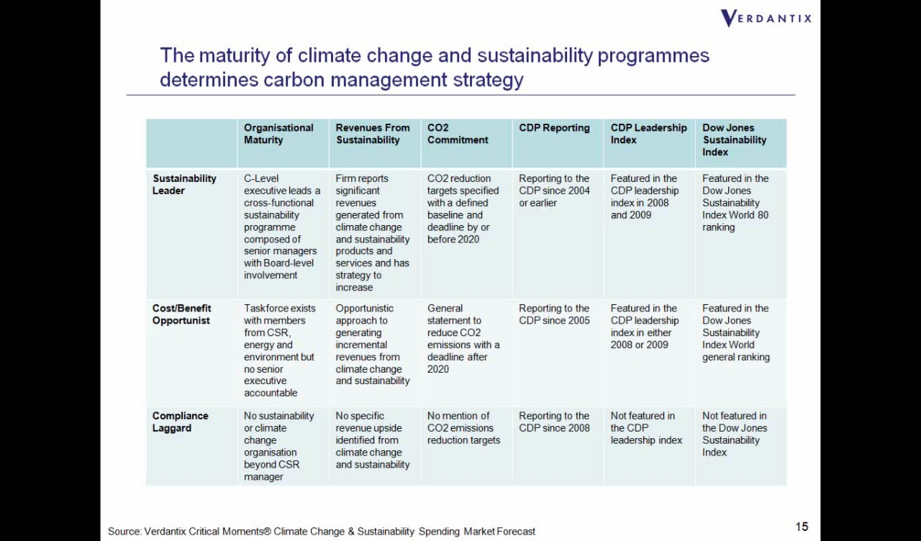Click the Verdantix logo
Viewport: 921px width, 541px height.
pyautogui.click(x=766, y=18)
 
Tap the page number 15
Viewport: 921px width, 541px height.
pyautogui.click(x=802, y=526)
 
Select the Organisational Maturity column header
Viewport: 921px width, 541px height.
pyautogui.click(x=279, y=134)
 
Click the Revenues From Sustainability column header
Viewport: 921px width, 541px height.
pyautogui.click(x=373, y=134)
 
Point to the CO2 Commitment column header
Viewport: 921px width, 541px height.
pyautogui.click(x=457, y=134)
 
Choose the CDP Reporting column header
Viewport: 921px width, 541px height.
pyautogui.click(x=554, y=128)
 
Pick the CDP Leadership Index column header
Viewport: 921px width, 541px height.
pyautogui.click(x=649, y=134)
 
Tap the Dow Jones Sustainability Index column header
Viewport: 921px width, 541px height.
pyautogui.click(x=734, y=140)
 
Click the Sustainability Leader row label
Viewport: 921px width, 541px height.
pyautogui.click(x=184, y=185)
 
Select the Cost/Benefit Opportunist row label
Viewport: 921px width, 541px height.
pyautogui.click(x=182, y=314)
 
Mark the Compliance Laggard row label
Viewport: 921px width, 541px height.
pyautogui.click(x=180, y=422)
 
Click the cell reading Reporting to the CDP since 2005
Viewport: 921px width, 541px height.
pyautogui.click(x=554, y=314)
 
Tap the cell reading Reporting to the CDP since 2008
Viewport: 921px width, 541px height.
pyautogui.click(x=554, y=422)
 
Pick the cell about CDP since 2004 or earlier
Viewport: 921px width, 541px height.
pyautogui.click(x=554, y=191)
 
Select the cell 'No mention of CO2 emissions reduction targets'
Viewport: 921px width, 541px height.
pyautogui.click(x=464, y=428)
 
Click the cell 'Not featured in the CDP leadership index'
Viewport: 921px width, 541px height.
pyautogui.click(x=646, y=428)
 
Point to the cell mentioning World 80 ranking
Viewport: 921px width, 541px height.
pyautogui.click(x=735, y=203)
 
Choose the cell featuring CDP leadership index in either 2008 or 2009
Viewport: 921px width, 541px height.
pyautogui.click(x=645, y=327)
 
